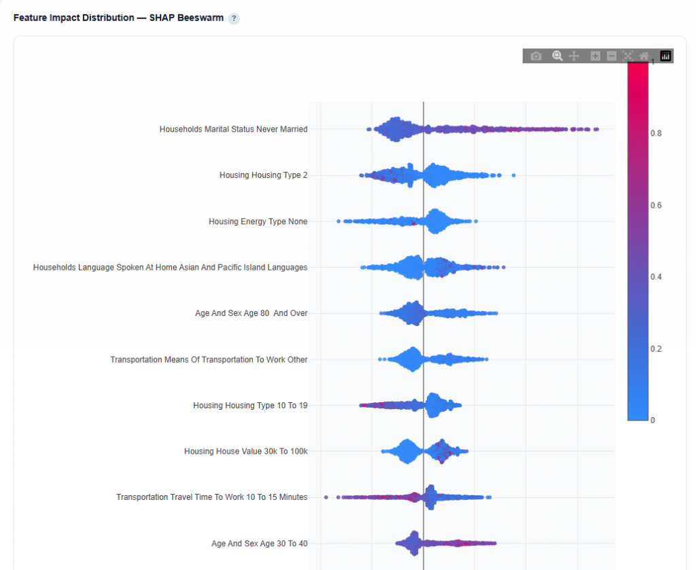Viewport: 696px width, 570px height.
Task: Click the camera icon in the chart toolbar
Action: click(536, 56)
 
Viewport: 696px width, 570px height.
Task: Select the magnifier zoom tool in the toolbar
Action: click(557, 56)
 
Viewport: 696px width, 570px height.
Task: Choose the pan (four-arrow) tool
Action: click(574, 56)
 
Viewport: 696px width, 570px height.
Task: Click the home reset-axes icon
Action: click(644, 56)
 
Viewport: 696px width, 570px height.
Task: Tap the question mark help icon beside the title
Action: click(234, 18)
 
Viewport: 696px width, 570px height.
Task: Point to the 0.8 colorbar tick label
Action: click(656, 134)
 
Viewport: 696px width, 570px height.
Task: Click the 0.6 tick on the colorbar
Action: click(656, 205)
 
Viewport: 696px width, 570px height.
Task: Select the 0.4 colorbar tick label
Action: click(656, 277)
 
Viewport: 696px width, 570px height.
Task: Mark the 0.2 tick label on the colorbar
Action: click(656, 349)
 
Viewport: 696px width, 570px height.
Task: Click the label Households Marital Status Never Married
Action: click(233, 129)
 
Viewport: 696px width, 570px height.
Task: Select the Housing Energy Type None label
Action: click(258, 221)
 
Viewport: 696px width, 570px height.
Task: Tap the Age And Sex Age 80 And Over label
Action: click(251, 313)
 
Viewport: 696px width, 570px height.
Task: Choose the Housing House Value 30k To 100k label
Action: click(245, 451)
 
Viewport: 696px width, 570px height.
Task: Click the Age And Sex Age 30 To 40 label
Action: click(259, 544)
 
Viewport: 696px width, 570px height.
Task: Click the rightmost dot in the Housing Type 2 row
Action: click(513, 175)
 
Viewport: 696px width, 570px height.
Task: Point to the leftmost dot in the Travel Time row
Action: click(326, 497)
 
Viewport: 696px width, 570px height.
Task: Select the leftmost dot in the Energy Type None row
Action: click(338, 221)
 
